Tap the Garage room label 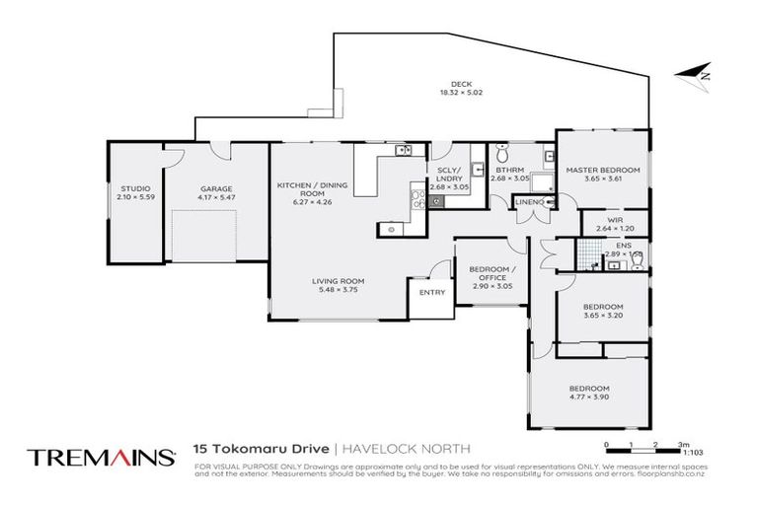[x=216, y=187]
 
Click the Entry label [x=431, y=292]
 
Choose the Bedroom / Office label [x=491, y=274]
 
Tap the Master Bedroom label [x=602, y=171]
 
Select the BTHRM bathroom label [x=504, y=170]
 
